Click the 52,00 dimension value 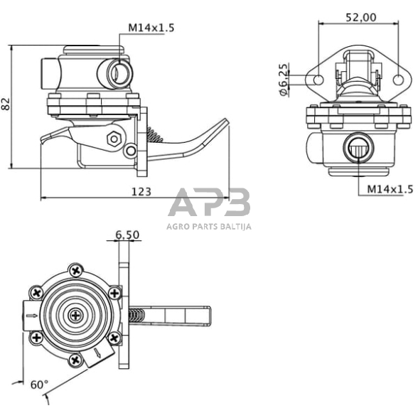coord(361,17)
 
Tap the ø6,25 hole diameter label coord(284,80)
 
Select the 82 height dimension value coord(6,104)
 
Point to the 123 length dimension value coord(141,192)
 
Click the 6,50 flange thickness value coord(127,235)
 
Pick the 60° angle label coord(40,385)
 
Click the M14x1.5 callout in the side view coord(151,28)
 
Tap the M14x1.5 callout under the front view coord(390,189)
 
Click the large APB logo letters coord(209,202)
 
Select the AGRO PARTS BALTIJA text coord(209,227)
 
